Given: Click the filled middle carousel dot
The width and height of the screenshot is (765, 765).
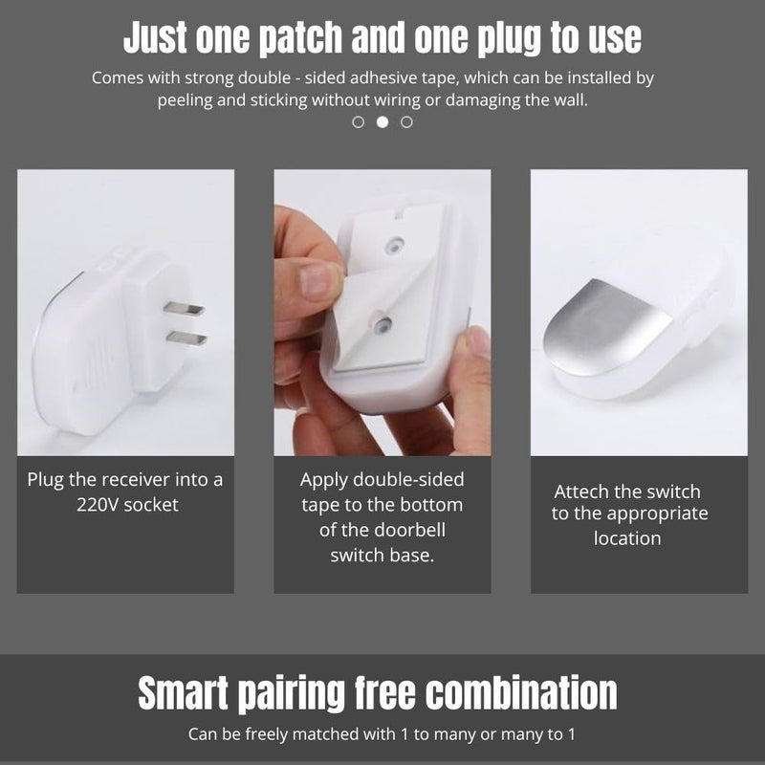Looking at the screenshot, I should tap(382, 122).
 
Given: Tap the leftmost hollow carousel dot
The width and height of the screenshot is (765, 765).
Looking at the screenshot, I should tap(359, 122).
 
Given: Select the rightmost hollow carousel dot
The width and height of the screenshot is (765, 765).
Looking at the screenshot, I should tap(406, 122).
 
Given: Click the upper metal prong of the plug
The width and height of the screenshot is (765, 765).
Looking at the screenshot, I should tap(183, 308).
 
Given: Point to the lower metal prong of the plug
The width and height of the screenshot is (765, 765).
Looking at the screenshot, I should tap(185, 338).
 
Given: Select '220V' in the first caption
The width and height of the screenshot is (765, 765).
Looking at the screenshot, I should tap(99, 504).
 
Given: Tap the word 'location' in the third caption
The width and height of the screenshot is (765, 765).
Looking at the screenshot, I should tap(627, 538).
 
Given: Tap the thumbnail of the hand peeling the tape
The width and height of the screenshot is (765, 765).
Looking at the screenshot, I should tap(382, 313).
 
